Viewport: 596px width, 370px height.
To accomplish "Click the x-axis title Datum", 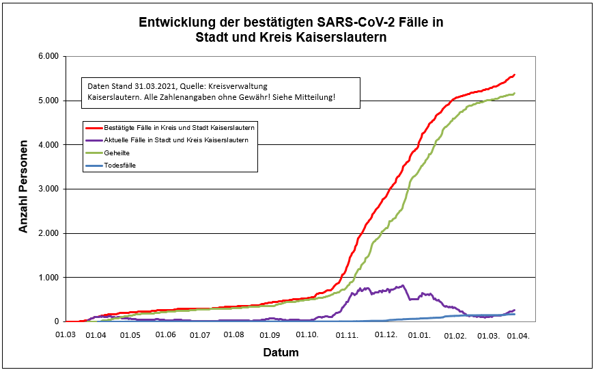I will [x=281, y=353].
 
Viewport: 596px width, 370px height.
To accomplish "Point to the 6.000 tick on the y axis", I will [x=49, y=56].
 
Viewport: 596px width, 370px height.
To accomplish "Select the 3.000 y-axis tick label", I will [x=49, y=189].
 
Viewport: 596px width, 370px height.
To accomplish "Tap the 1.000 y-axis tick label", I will [x=49, y=277].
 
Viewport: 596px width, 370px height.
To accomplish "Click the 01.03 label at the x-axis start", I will [x=64, y=334].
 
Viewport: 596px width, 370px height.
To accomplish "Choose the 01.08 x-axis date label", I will [x=234, y=334].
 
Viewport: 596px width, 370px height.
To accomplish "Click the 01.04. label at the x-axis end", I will [x=519, y=334].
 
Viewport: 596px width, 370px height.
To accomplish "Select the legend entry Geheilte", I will [x=117, y=153].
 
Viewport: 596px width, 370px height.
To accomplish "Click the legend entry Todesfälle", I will [x=121, y=165].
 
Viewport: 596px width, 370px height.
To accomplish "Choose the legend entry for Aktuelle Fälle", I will [x=175, y=140].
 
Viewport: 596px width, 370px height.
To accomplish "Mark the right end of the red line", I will [x=515, y=74].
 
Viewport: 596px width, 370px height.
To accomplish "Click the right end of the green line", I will [x=515, y=93].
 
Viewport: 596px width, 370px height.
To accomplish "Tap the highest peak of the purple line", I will [x=403, y=285].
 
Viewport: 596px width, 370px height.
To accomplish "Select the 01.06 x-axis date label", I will [x=165, y=334].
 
